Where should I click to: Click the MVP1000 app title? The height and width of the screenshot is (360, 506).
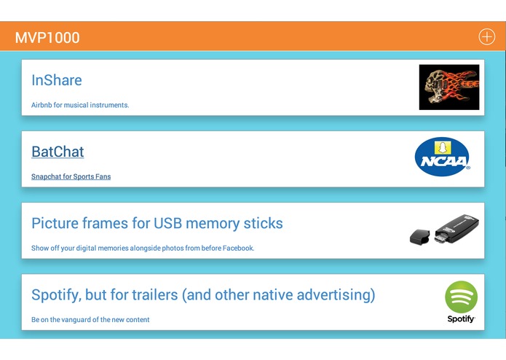pos(47,37)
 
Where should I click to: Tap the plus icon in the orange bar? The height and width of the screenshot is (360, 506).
pos(486,37)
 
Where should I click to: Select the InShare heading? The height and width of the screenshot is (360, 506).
pos(57,80)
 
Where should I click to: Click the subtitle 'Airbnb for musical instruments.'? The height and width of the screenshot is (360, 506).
pos(80,105)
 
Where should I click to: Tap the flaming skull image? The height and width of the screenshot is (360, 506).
pos(448,87)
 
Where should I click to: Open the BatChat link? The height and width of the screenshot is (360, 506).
pos(58,152)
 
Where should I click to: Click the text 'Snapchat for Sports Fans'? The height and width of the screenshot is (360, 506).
pos(71,176)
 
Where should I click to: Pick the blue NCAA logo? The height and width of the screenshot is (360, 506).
pos(442,158)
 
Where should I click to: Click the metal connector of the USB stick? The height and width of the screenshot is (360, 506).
pos(440,237)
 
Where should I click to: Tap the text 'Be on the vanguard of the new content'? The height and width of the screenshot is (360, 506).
pos(90,320)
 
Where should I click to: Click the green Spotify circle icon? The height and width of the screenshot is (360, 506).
pos(462,297)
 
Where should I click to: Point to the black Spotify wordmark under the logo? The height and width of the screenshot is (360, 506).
pos(462,319)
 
